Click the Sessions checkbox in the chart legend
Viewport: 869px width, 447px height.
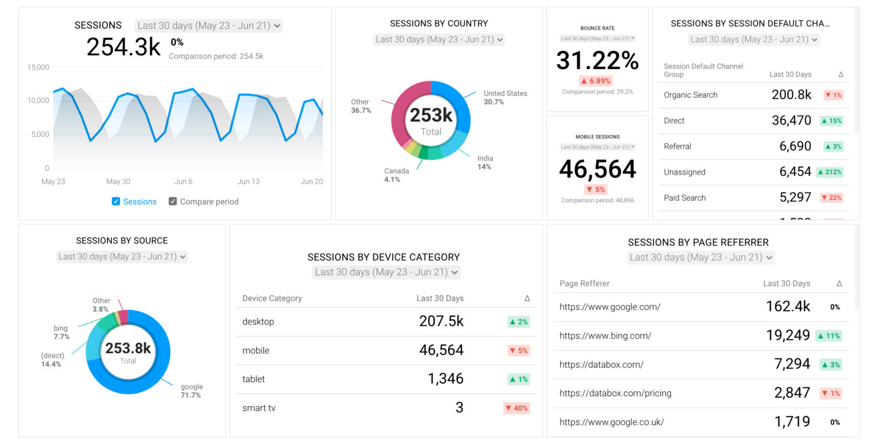click(116, 201)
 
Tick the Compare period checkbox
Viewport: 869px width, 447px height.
click(173, 201)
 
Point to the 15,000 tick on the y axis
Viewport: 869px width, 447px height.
click(38, 67)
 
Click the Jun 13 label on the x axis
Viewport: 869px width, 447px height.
click(248, 181)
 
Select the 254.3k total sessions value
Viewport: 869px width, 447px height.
click(123, 47)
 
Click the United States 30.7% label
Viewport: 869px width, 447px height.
click(505, 97)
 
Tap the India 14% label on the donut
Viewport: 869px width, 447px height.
click(485, 162)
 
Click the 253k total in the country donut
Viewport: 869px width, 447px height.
click(431, 115)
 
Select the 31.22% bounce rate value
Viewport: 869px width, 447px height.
click(597, 60)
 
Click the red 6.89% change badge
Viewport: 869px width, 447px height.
click(596, 81)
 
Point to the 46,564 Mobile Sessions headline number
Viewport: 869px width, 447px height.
click(597, 169)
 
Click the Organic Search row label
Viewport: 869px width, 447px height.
click(690, 95)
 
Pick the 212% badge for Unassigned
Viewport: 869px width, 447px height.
click(829, 172)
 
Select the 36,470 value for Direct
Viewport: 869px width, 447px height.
click(791, 120)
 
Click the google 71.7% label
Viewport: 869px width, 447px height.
click(191, 391)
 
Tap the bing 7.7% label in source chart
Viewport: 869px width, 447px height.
click(61, 332)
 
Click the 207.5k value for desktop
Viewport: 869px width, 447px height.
click(441, 322)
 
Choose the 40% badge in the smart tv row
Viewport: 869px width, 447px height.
click(517, 408)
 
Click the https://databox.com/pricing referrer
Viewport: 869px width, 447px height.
click(615, 393)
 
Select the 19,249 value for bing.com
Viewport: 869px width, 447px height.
click(788, 336)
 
